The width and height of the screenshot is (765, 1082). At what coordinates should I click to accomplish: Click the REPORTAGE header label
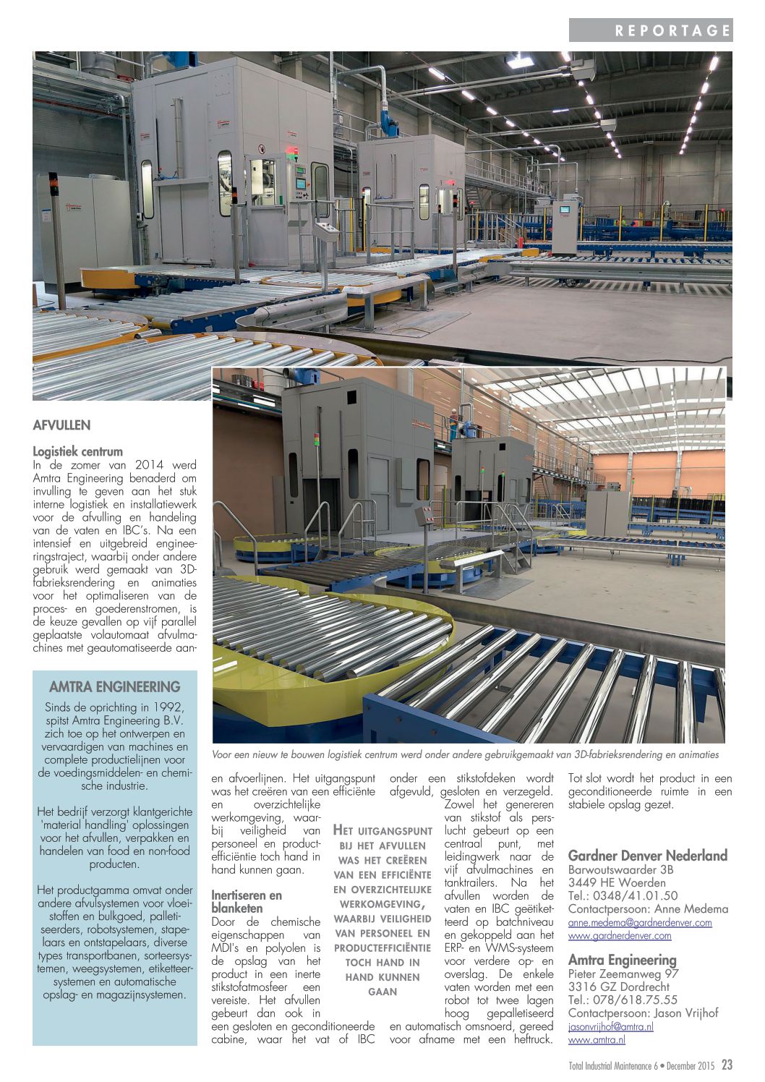(672, 30)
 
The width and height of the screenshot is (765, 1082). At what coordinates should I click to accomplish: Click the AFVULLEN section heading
(61, 425)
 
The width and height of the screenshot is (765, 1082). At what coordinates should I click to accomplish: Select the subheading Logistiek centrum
(77, 451)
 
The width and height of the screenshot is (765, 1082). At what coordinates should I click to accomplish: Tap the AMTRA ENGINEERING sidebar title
(114, 687)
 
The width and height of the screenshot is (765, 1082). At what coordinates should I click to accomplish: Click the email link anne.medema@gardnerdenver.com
(639, 922)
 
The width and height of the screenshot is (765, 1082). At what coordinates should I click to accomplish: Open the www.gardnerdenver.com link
(619, 935)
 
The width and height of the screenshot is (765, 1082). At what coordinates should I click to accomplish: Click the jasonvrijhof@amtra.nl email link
(610, 1026)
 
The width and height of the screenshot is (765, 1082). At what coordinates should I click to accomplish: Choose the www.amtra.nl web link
(597, 1039)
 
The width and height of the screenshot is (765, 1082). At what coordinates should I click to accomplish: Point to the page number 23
(726, 1065)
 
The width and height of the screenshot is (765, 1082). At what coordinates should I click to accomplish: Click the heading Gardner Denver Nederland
(647, 856)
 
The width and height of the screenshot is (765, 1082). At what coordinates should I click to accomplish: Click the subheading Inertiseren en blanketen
(246, 901)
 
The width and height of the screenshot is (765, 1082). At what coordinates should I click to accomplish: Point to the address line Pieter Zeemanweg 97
(623, 974)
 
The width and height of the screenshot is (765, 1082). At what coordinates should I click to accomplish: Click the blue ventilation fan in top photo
(389, 123)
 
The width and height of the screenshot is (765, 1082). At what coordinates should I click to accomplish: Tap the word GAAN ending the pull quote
(382, 992)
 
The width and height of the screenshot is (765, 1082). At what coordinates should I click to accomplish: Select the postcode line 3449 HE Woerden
(617, 882)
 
